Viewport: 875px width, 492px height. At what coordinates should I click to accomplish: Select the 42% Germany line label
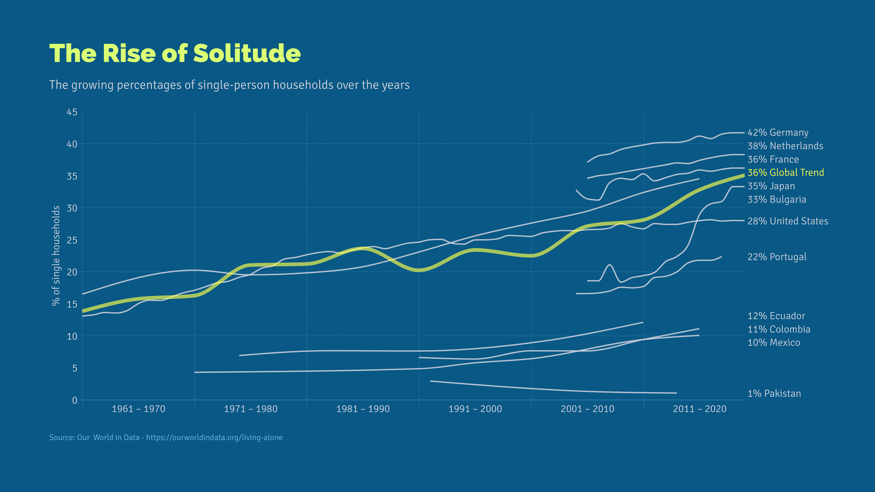tap(778, 132)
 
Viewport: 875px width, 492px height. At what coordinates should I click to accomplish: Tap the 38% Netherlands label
tap(785, 146)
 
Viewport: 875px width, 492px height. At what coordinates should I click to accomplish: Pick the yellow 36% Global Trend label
tap(786, 172)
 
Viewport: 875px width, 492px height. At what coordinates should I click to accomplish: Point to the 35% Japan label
tap(771, 186)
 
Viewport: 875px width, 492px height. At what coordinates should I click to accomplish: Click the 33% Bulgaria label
tap(777, 199)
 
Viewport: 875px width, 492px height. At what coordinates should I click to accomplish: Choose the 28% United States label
tap(788, 221)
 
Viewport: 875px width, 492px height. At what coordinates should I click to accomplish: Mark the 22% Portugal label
tap(777, 257)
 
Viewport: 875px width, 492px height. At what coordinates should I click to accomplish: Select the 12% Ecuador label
tap(776, 316)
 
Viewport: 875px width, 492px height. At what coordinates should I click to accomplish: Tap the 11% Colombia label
tap(779, 329)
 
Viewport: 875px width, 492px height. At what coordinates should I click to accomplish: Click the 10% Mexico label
tap(774, 342)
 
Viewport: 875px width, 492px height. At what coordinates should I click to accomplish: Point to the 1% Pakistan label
tap(774, 394)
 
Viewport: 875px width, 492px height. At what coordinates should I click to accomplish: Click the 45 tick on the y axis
tap(72, 112)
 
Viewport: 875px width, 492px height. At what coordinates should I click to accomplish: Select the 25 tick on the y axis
tap(72, 240)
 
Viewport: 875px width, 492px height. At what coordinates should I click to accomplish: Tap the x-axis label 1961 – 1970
tap(139, 409)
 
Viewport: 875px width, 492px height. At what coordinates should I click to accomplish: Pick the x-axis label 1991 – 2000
tap(475, 409)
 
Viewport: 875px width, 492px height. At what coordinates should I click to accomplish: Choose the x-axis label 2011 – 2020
tap(700, 409)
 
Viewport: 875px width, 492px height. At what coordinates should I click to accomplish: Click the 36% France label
tap(773, 159)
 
